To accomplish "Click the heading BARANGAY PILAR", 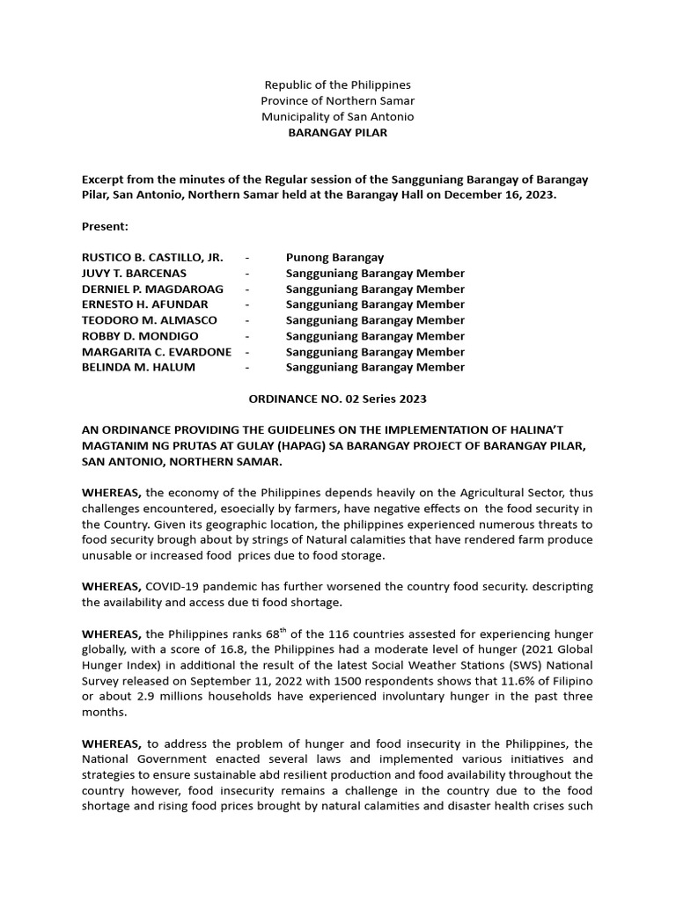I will coord(338,132).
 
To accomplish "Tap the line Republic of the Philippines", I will coord(338,84).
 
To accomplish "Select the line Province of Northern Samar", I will coord(338,100).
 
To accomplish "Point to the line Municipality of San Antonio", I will coord(338,116).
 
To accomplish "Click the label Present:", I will coord(105,226).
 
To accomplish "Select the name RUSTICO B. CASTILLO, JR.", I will coord(152,258).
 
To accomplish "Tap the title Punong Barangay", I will coord(334,258).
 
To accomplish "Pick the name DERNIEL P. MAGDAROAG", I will coord(152,289).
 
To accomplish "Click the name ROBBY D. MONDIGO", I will coord(140,336).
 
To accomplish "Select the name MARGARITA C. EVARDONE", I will coord(157,352).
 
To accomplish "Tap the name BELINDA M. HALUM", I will coord(138,367).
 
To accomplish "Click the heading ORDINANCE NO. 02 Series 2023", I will coord(338,399).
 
